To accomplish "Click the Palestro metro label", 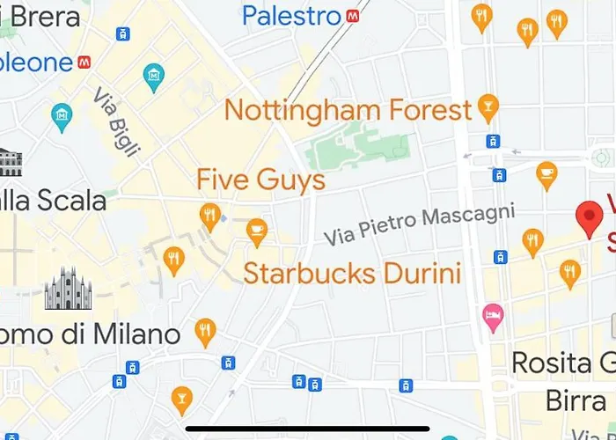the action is click(291, 15).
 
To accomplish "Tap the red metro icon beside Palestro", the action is click(353, 15).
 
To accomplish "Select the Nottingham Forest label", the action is click(348, 110).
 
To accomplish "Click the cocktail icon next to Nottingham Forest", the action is click(488, 109).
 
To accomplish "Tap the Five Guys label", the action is click(260, 180).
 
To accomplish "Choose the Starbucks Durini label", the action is click(352, 272).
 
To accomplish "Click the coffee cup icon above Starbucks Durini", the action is click(257, 231).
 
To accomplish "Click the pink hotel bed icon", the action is click(493, 314).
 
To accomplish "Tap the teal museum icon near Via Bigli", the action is click(154, 77).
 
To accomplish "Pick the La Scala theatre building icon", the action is click(9, 162).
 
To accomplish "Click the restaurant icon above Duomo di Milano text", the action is click(205, 331).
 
